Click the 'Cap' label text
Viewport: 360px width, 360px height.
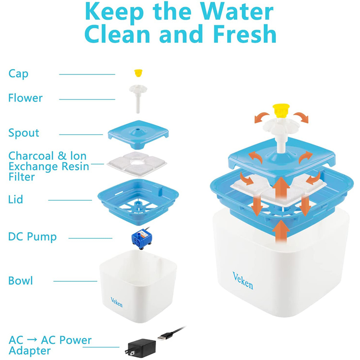point(18,74)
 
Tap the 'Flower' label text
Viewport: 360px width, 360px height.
point(25,98)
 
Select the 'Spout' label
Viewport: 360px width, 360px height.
point(24,133)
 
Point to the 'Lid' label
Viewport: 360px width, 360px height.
point(16,199)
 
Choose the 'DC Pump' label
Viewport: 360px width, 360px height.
point(32,237)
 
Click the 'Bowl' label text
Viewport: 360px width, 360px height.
point(21,281)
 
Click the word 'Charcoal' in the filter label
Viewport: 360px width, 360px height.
point(31,156)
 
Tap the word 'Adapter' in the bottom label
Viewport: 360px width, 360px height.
point(30,350)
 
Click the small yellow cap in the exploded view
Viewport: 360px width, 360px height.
point(138,73)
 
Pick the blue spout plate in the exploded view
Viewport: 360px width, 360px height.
point(138,134)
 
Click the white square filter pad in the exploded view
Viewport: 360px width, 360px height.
point(137,164)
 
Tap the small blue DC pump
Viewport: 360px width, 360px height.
point(141,239)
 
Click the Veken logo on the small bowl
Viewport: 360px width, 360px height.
point(117,302)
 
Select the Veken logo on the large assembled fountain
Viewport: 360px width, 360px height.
point(243,281)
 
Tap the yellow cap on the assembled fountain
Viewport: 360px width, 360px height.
point(281,109)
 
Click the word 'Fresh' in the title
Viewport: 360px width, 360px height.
point(245,34)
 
